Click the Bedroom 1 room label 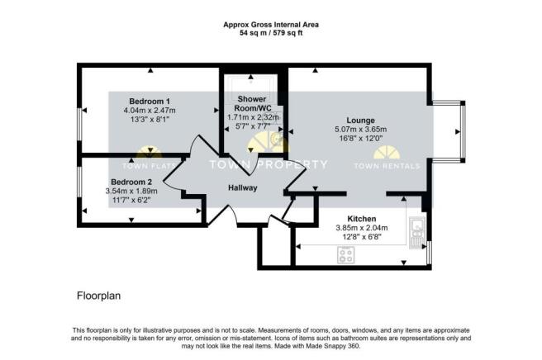coord(150,102)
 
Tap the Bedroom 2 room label coord(131,182)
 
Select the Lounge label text coord(360,121)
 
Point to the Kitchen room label coord(362,219)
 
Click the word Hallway coord(243,188)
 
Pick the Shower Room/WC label coord(252,103)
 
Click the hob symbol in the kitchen coord(345,255)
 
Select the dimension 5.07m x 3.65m coord(360,130)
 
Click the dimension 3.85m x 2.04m coord(362,228)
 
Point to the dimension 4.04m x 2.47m coord(150,111)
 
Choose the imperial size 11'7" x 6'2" coord(131,200)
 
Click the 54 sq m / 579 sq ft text coord(271,33)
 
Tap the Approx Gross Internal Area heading coord(271,25)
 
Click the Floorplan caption coord(98,296)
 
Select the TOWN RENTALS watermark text coord(387,166)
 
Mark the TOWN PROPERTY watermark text coord(269,164)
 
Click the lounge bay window coord(463,131)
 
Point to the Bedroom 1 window coord(79,124)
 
